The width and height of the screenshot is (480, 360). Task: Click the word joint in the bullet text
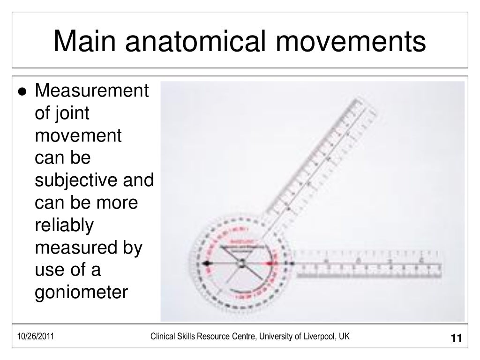pos(70,114)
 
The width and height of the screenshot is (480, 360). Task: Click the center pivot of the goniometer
pos(242,264)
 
